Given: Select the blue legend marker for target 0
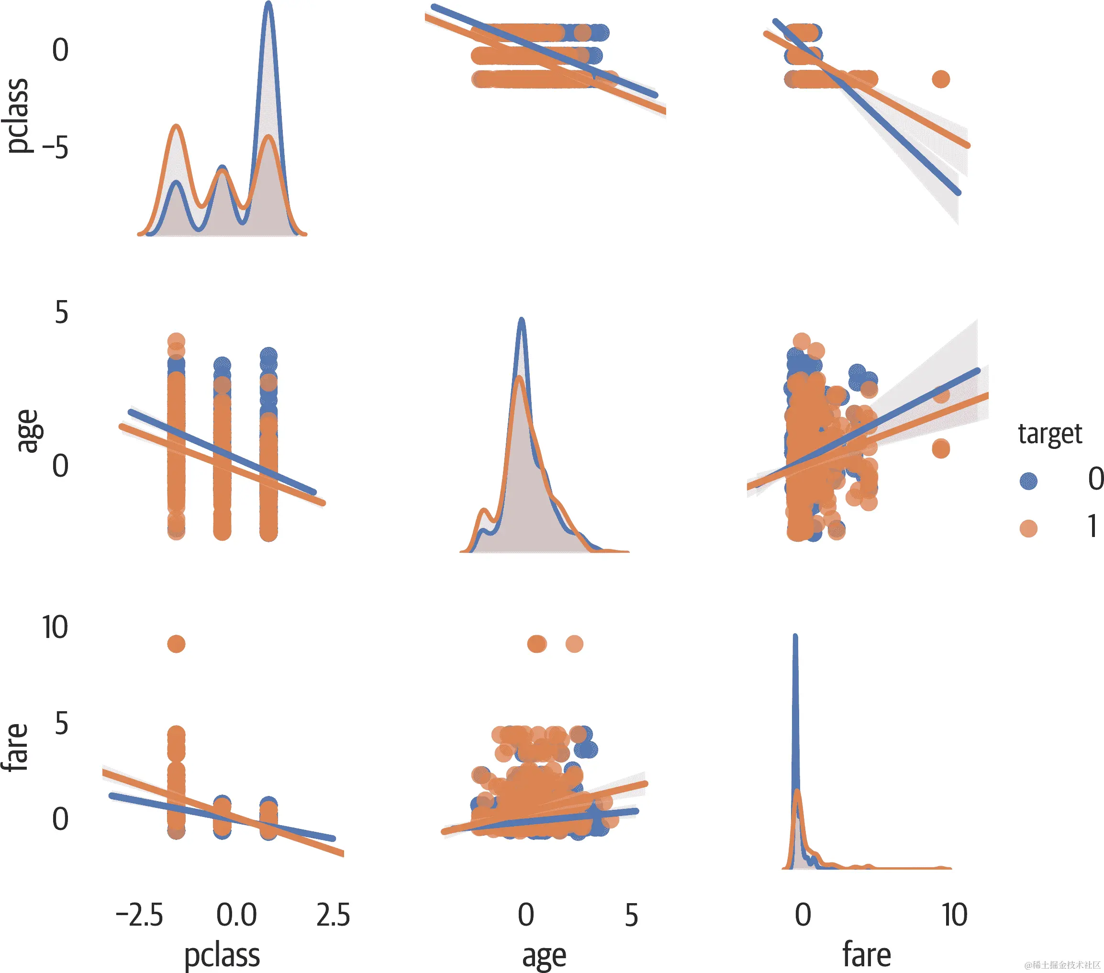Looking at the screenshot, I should point(1028,481).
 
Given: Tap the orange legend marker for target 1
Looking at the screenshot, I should point(1028,528).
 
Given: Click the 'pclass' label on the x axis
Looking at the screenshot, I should point(222,956).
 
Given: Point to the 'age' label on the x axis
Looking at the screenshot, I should point(544,956).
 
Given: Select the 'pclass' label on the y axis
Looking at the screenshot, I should point(17,116).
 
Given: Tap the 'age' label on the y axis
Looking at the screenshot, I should point(28,431).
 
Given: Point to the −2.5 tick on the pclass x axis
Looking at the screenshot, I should point(139,915).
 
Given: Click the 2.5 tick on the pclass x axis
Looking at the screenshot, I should point(333,915).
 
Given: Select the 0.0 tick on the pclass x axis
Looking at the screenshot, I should point(236,915).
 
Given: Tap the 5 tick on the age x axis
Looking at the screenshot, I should point(631,915).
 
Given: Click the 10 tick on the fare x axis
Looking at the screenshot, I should point(954,915).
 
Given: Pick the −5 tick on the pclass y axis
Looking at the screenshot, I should point(55,147).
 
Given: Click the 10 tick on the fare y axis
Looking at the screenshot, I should point(55,628).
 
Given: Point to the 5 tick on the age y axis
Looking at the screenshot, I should point(61,313).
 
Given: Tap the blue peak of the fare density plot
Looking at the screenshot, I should point(794,637).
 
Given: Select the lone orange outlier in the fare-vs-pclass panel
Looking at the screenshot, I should point(177,643).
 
